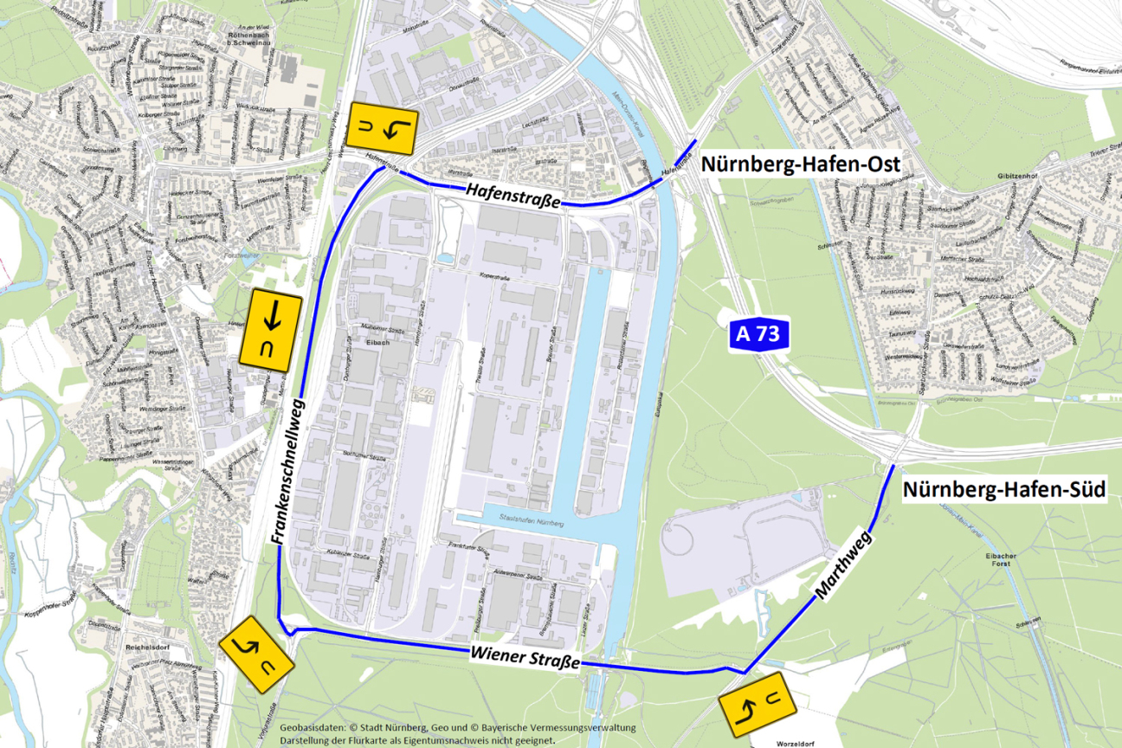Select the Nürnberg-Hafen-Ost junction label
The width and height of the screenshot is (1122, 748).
click(x=801, y=164)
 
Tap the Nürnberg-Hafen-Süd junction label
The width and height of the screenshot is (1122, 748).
click(x=1004, y=490)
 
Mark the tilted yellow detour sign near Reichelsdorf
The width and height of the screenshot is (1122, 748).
click(x=256, y=654)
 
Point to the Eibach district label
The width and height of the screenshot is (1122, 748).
click(x=377, y=343)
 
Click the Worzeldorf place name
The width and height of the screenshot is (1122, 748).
click(x=783, y=742)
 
